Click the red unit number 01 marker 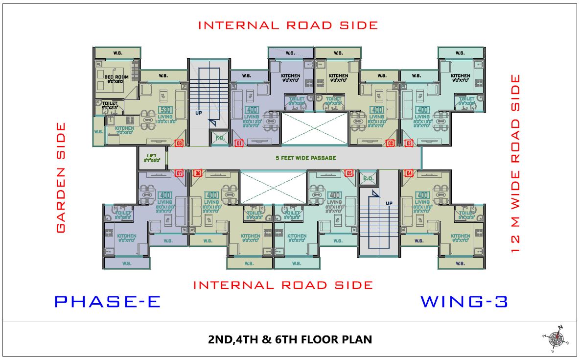tap(239, 144)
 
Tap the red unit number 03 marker tap(409, 144)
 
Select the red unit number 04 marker tap(409, 173)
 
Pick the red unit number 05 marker tap(349, 173)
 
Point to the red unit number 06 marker tap(198, 173)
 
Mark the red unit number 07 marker tap(180, 173)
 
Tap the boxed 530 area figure tap(165, 110)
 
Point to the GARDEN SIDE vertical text tap(61, 177)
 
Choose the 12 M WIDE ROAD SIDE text tap(515, 164)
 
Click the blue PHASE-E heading tap(107, 301)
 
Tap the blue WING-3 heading tap(464, 301)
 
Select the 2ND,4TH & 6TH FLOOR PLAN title tap(290, 339)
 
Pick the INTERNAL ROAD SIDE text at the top tap(288, 25)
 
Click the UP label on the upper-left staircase tap(198, 112)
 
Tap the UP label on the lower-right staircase tap(389, 203)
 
